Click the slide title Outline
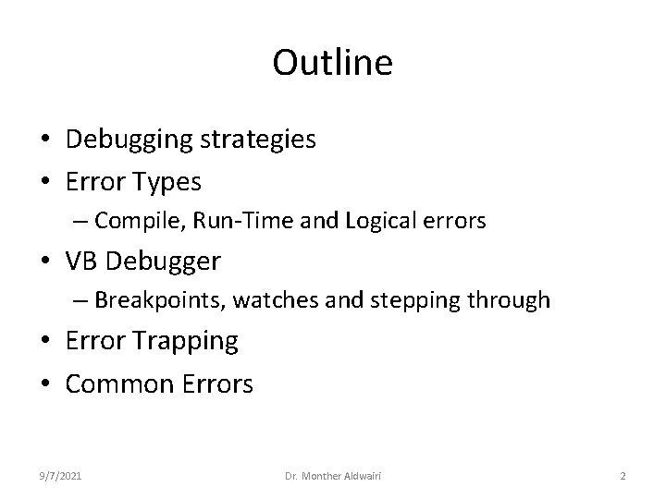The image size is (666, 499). tap(333, 64)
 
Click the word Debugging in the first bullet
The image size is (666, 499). tap(129, 140)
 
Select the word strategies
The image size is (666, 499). tap(258, 140)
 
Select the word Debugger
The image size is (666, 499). tap(164, 262)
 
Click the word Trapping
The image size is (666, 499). tap(186, 342)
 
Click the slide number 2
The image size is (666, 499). tap(623, 475)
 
